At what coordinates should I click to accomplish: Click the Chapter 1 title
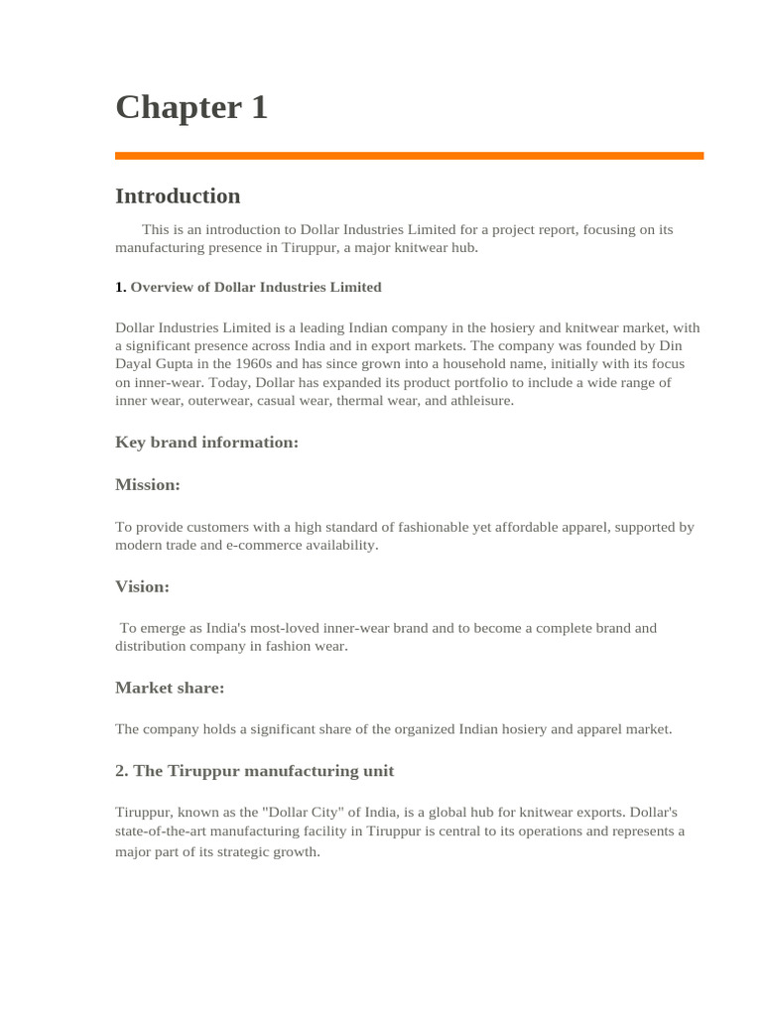point(191,107)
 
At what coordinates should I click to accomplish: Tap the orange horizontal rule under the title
point(409,156)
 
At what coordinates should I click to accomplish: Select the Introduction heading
point(178,195)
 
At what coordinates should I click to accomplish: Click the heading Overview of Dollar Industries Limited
point(255,287)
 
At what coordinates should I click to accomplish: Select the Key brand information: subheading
point(206,443)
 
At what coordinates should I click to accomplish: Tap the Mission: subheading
point(148,484)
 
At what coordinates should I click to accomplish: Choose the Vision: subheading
point(142,586)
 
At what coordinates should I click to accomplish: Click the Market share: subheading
point(170,688)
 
